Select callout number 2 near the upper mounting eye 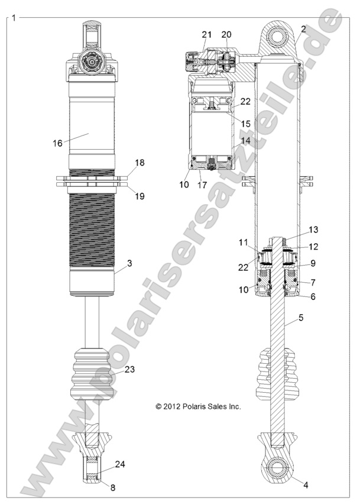coord(303,29)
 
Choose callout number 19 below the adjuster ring coord(140,195)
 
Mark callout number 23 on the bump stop coord(129,370)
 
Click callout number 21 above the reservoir coord(206,35)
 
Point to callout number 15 coord(245,123)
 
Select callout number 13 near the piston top coord(313,229)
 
